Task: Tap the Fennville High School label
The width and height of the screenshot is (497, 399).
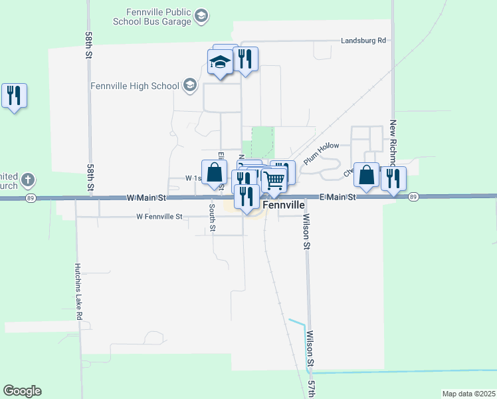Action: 136,86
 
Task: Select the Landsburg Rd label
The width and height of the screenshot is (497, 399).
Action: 363,41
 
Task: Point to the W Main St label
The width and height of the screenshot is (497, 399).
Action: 146,198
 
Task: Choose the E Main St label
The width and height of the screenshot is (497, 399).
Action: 338,198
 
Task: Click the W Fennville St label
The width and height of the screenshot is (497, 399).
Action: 159,217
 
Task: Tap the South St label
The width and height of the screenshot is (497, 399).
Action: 213,218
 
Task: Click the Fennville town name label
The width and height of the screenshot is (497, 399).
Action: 284,206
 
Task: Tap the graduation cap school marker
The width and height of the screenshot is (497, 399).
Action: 219,63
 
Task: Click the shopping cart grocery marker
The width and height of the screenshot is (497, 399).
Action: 273,180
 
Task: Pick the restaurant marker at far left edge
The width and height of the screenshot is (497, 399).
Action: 14,96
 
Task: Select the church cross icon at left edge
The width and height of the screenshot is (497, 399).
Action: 27,180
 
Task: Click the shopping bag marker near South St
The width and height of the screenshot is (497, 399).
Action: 215,174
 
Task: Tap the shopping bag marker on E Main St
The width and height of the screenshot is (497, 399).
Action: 366,176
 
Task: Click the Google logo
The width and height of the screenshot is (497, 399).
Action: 22,391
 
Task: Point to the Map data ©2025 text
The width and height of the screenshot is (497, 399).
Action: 468,394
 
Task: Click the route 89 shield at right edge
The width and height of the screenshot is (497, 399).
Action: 413,197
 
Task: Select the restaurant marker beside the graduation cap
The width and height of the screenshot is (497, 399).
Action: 246,60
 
